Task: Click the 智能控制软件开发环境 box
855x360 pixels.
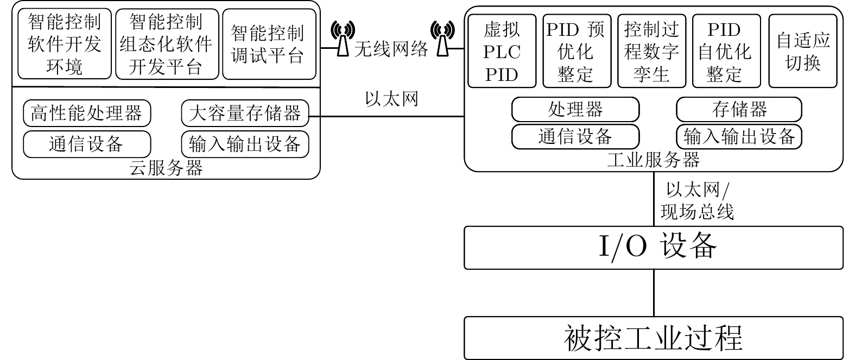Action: click(x=65, y=44)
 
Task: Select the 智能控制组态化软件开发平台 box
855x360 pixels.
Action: click(x=167, y=44)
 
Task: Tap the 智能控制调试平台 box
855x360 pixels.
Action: click(x=269, y=44)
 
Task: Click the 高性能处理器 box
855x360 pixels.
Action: click(x=87, y=113)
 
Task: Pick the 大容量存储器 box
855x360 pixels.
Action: click(x=245, y=113)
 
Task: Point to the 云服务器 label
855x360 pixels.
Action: click(x=166, y=168)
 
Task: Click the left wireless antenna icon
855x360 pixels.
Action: click(x=343, y=39)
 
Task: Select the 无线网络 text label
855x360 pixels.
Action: click(x=391, y=49)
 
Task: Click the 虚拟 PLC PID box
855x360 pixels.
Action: click(x=502, y=51)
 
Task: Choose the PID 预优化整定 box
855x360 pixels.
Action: click(x=577, y=51)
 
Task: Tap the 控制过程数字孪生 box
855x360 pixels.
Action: click(x=651, y=51)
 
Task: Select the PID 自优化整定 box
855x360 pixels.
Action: click(x=725, y=51)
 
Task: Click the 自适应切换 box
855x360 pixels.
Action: click(x=803, y=51)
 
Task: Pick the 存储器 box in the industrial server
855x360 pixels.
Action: click(x=739, y=110)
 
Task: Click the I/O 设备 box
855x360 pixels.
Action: click(x=654, y=248)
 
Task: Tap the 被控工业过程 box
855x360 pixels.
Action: click(x=654, y=338)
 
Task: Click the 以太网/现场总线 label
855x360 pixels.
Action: click(x=698, y=201)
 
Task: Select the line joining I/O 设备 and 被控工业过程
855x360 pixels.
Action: click(x=654, y=293)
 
